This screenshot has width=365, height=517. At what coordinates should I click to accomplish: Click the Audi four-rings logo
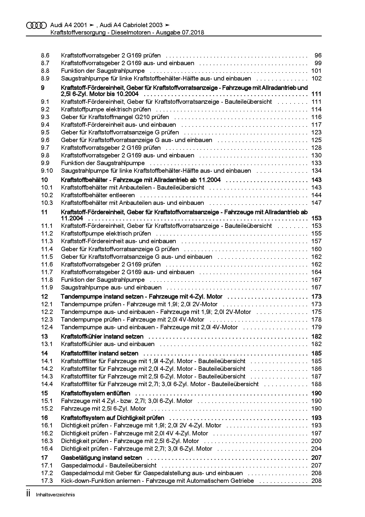(x=36, y=25)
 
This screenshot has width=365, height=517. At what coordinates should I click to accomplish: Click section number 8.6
(x=45, y=55)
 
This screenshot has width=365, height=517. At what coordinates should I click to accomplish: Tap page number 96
(x=318, y=55)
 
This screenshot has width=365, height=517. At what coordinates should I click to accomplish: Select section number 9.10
(x=47, y=171)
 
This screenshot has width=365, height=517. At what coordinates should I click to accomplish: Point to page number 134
(x=316, y=171)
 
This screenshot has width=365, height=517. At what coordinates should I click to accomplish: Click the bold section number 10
(x=44, y=180)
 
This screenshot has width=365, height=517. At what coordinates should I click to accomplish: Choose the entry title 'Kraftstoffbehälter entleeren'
(x=98, y=195)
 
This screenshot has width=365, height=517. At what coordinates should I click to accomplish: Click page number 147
(x=316, y=203)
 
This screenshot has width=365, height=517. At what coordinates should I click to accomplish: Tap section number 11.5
(x=47, y=257)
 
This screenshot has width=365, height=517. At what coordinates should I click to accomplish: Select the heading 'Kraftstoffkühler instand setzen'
(x=102, y=336)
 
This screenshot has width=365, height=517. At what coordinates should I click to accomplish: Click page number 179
(x=316, y=327)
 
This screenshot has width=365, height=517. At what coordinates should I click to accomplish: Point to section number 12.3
(x=47, y=320)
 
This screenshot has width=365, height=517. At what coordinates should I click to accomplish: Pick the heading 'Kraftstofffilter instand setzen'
(x=99, y=353)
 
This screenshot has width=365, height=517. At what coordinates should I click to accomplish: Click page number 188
(x=316, y=384)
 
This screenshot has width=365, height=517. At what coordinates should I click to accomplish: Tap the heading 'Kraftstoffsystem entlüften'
(x=95, y=393)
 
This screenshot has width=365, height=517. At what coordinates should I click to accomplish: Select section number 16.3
(x=47, y=441)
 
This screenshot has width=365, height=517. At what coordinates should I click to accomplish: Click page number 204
(x=316, y=449)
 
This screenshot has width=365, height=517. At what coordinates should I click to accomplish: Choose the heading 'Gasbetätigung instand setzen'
(x=101, y=458)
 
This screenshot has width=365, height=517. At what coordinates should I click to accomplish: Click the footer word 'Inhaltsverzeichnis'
(x=55, y=495)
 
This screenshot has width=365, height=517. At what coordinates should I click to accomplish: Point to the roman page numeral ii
(x=28, y=494)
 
